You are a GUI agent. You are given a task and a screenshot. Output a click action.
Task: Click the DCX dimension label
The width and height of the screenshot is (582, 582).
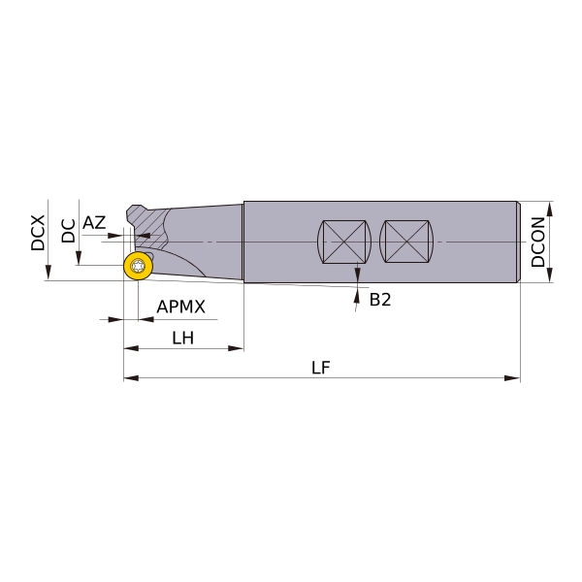click(x=38, y=233)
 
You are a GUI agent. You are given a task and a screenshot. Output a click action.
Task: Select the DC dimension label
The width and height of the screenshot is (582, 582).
click(x=68, y=231)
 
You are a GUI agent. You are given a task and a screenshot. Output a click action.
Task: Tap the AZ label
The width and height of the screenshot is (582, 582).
click(x=94, y=223)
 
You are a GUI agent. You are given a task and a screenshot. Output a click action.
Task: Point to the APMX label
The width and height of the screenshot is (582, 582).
click(x=180, y=307)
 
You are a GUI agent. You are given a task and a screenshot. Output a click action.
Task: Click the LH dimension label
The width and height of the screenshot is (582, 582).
click(x=183, y=339)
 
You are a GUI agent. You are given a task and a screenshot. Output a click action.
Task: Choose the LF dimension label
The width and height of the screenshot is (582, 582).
click(x=321, y=368)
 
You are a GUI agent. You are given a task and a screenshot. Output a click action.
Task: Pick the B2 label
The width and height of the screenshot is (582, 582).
click(x=380, y=300)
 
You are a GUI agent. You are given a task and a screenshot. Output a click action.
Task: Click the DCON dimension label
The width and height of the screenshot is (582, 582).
click(x=537, y=242)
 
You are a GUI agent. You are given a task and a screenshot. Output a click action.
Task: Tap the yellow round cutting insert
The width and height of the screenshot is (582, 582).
click(x=138, y=266)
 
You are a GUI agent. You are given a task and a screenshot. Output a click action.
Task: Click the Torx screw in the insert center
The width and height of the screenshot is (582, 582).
click(x=138, y=266)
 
